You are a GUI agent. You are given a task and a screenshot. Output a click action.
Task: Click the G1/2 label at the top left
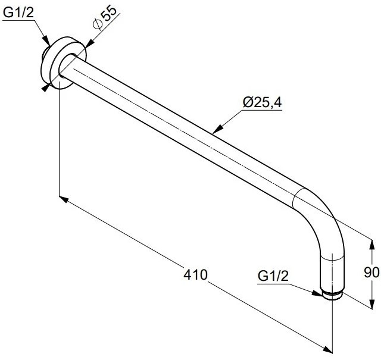[18, 12]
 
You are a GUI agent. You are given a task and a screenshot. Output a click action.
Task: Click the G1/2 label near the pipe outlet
[273, 276]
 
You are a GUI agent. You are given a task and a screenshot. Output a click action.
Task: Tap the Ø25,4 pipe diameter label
[263, 102]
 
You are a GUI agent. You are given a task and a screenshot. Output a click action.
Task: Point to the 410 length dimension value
[195, 274]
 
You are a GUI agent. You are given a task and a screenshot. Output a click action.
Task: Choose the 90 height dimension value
[371, 273]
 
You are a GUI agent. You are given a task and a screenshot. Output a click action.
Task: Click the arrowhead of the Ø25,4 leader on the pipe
[217, 130]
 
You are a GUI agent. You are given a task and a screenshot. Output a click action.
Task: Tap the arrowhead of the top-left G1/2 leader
[46, 41]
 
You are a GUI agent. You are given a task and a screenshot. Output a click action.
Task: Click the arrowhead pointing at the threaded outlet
[318, 293]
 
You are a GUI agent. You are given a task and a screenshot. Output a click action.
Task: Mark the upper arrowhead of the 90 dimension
[372, 245]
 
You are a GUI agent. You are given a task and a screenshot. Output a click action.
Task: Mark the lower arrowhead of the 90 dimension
[372, 303]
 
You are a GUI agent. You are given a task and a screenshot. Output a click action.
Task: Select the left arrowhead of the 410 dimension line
[64, 199]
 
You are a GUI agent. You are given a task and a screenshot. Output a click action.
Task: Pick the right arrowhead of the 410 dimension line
[327, 349]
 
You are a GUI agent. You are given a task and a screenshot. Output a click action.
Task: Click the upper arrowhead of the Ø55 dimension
[90, 43]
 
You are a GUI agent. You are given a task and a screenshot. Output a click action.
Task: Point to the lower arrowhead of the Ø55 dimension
[45, 88]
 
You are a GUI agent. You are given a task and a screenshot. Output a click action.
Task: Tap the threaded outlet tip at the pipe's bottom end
[332, 295]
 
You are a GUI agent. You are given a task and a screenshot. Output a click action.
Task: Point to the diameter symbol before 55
[97, 24]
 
